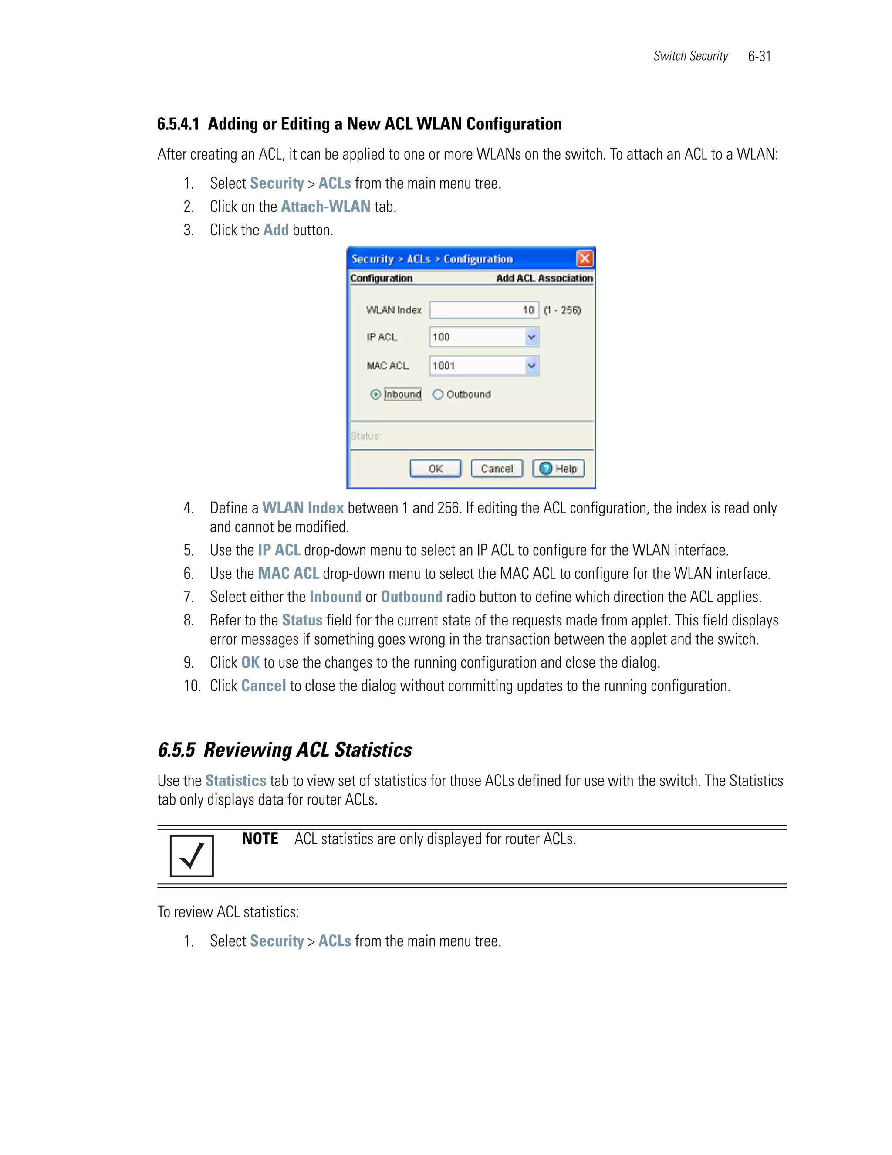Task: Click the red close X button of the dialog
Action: coord(585,258)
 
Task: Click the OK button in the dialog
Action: coord(436,469)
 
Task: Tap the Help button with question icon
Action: coord(558,469)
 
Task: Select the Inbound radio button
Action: coord(376,394)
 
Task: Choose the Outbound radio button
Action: coord(438,394)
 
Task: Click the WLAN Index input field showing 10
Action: coord(483,310)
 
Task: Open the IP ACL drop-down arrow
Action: coord(532,337)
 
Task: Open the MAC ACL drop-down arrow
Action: coord(532,365)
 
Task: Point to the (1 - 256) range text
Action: coord(562,310)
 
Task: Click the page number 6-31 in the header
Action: coord(759,57)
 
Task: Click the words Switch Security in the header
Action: coord(690,57)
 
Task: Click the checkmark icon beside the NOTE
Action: coord(192,856)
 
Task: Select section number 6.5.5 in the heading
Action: coord(176,750)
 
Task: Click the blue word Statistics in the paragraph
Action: coord(236,781)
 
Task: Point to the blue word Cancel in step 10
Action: coord(263,686)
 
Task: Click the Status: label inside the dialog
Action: coord(366,436)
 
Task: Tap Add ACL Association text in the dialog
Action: coord(544,278)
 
